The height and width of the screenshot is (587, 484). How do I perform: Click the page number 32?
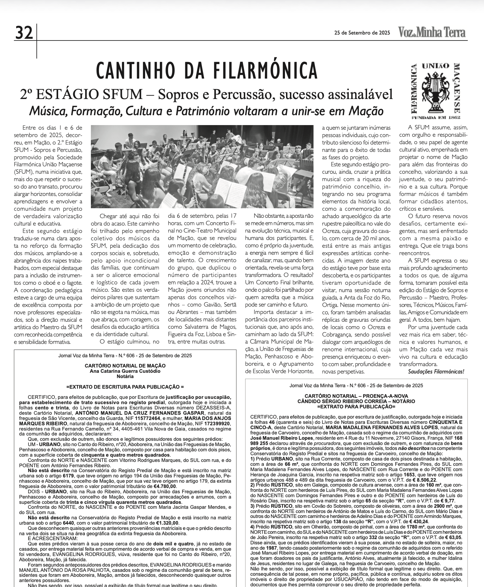pyautogui.click(x=24, y=33)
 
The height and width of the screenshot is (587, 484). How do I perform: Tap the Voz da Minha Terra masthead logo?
pyautogui.click(x=432, y=32)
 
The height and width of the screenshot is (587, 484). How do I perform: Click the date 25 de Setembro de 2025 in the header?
pyautogui.click(x=362, y=33)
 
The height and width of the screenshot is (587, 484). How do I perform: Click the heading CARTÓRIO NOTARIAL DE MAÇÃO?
pyautogui.click(x=125, y=366)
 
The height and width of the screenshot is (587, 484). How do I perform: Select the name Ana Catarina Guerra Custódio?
pyautogui.click(x=125, y=371)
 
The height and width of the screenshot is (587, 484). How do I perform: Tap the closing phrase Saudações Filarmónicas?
pyautogui.click(x=436, y=372)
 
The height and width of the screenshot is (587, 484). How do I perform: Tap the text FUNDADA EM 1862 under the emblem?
pyautogui.click(x=436, y=117)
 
